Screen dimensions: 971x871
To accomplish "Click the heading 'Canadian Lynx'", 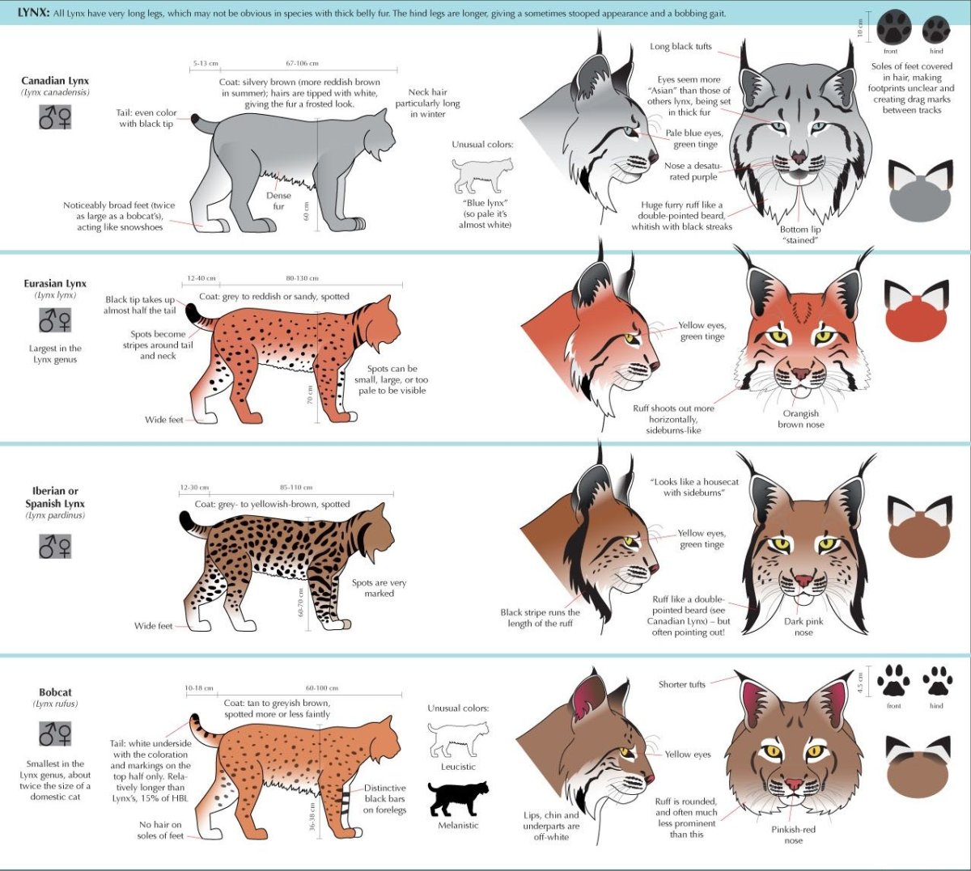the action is [x=55, y=81].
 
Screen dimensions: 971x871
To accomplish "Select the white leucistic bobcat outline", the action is [x=458, y=739].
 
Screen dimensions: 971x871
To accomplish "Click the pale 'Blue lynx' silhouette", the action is [x=482, y=175].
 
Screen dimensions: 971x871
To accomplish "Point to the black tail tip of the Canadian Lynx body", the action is [x=196, y=118].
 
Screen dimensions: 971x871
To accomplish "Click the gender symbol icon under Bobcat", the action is [x=55, y=734].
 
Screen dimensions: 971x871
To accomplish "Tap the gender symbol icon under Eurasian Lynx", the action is [x=55, y=320].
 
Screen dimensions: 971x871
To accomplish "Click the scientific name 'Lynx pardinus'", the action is [x=55, y=515].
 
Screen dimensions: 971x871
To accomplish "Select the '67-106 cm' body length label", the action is [x=302, y=63].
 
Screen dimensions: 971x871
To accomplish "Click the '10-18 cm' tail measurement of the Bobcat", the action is [x=199, y=688].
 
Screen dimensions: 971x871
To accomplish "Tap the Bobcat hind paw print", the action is [x=937, y=680].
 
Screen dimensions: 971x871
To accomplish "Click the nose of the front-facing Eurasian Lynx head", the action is [x=800, y=373].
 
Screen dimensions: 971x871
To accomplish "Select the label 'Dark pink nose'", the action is [x=804, y=627].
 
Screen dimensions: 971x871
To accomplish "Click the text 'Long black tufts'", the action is [x=681, y=46].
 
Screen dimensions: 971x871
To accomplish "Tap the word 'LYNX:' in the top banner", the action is [x=33, y=13].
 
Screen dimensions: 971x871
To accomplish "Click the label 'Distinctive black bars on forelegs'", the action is [x=384, y=799].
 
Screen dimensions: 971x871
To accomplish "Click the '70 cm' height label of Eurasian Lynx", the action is [x=310, y=395].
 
